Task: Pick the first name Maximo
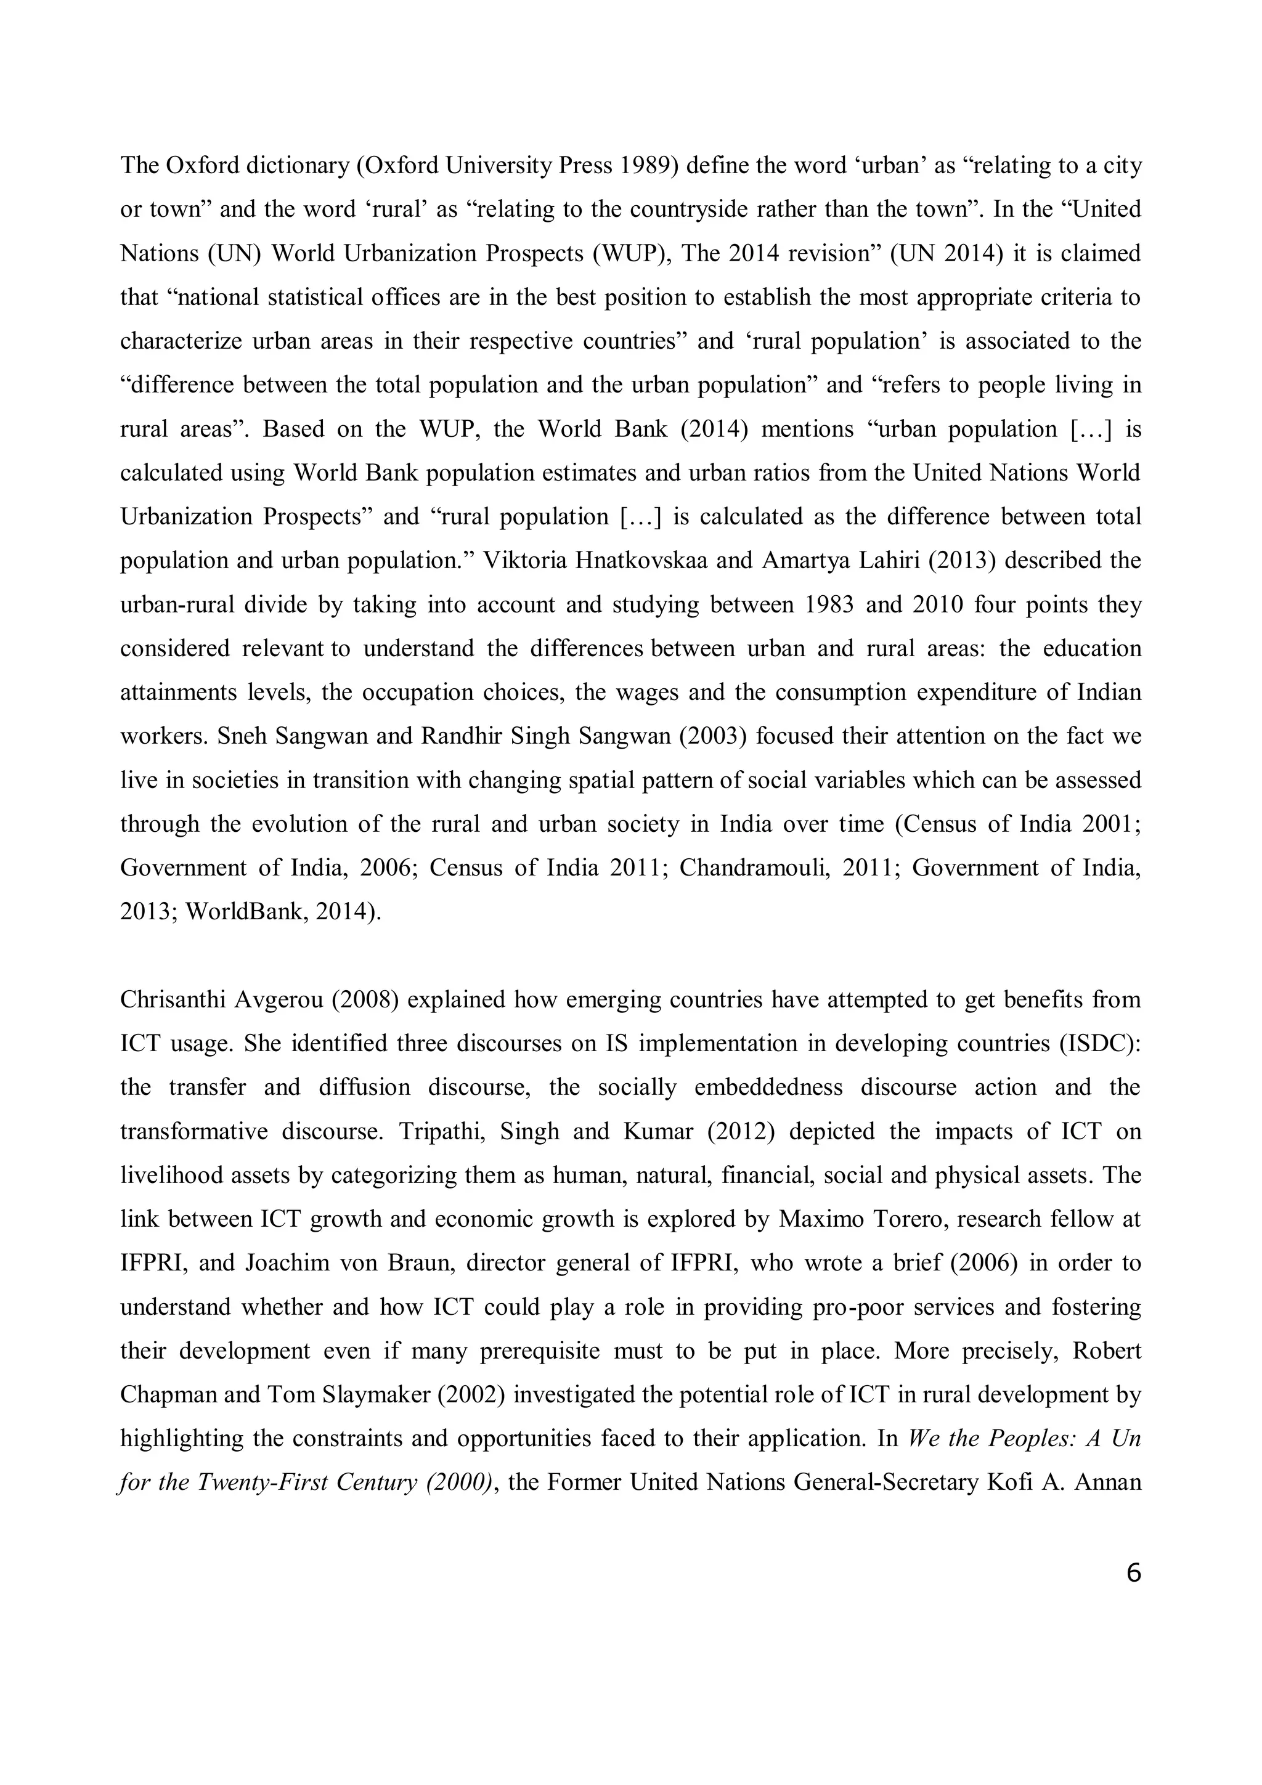pyautogui.click(x=816, y=1219)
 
